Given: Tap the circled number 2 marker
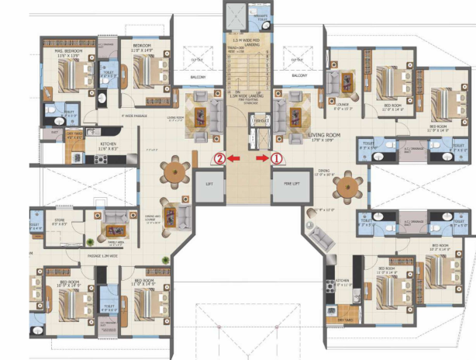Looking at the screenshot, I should click(x=220, y=158).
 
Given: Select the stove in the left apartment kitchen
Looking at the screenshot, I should click(x=100, y=158).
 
